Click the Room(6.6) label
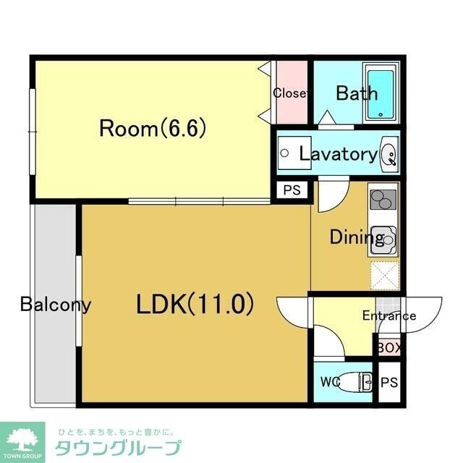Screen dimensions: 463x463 pos(153,129)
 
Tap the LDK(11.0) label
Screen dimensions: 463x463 pos(196,305)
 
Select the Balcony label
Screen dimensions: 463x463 pos(56,304)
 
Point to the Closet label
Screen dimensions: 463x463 pos(290,93)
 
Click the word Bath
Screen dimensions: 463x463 pos(356,93)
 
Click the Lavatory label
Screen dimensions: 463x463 pos(338,153)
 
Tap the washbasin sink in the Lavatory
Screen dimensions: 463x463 pos(388,154)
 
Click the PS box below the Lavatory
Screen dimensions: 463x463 pos(292,191)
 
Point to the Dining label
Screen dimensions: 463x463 pos(356,237)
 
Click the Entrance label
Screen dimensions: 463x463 pos(388,315)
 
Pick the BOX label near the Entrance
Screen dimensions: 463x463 pos(388,347)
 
